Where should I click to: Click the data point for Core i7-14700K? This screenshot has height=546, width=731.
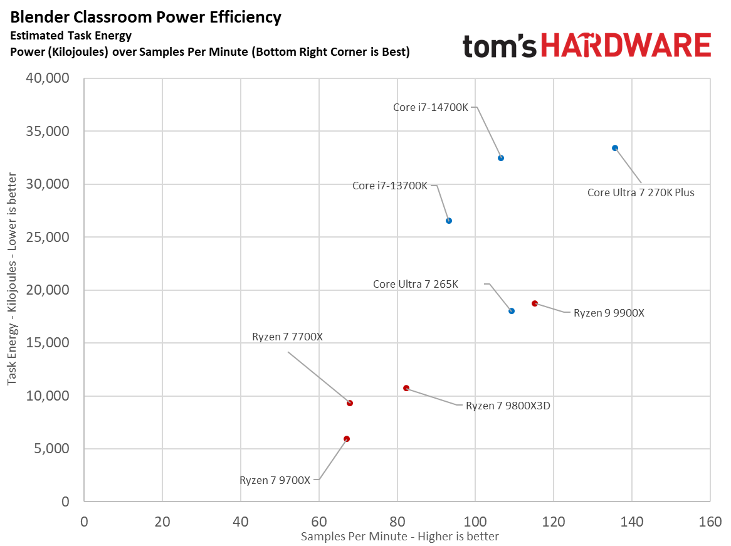(x=501, y=158)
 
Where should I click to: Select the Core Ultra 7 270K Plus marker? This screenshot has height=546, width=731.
(x=615, y=148)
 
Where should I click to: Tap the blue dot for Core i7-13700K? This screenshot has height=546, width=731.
(x=449, y=221)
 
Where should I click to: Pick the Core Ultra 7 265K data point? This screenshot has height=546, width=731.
(x=512, y=311)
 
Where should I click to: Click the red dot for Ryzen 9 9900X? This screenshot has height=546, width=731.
(x=535, y=303)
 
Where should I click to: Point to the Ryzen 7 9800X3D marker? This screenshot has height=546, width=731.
(x=406, y=388)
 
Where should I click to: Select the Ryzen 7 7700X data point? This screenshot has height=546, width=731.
(x=350, y=403)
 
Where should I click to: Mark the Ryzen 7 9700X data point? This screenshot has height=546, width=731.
(x=347, y=439)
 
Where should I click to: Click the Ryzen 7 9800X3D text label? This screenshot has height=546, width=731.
(x=508, y=406)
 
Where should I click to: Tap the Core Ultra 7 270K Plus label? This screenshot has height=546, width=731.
(x=641, y=192)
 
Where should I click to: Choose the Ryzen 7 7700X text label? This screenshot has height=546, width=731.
(x=287, y=337)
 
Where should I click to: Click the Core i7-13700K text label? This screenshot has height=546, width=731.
(x=390, y=186)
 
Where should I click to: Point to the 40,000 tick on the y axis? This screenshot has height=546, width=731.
(x=48, y=79)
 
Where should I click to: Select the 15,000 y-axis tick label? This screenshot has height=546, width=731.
(x=48, y=343)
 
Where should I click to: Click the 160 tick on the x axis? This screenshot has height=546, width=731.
(x=710, y=522)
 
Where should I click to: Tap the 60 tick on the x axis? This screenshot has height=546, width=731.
(x=318, y=522)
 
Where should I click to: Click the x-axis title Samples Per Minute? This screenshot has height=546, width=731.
(x=400, y=537)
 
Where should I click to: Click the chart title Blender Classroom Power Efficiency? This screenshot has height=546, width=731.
(x=146, y=17)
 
